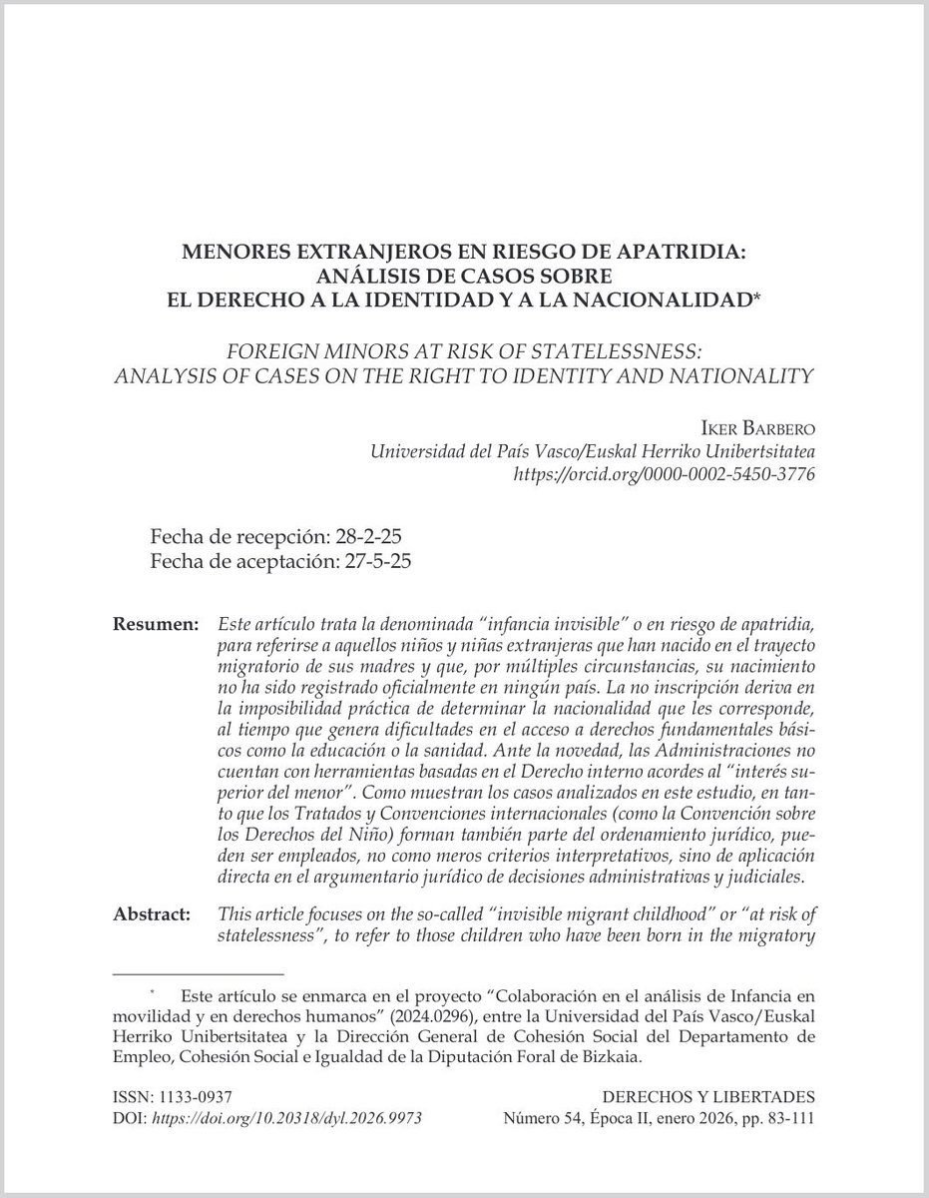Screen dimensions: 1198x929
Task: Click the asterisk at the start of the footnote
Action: point(154,995)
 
